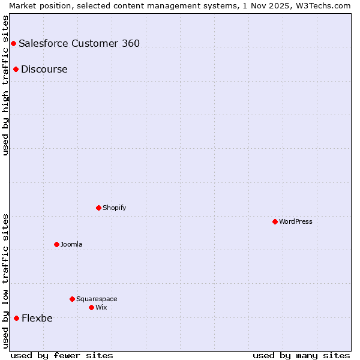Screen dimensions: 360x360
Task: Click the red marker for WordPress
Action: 275,221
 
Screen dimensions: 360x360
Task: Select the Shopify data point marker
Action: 98,208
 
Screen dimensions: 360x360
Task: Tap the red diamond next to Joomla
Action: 56,244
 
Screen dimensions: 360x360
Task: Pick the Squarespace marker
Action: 72,299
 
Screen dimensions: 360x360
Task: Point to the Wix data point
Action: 91,307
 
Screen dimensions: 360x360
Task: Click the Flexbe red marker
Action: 16,318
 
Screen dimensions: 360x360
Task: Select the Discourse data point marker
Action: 16,69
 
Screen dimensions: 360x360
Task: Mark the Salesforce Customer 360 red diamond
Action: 13,43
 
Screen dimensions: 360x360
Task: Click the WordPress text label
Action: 296,221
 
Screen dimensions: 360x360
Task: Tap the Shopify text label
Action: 115,208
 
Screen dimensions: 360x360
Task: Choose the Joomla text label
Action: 71,244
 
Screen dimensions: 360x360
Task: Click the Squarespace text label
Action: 97,299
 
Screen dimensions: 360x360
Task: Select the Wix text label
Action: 101,307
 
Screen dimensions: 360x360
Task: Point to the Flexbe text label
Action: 37,318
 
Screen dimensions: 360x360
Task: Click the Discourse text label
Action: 44,69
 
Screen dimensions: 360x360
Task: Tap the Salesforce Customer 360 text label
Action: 79,43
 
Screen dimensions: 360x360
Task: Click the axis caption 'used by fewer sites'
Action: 62,355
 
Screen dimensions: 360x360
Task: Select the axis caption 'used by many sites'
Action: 301,355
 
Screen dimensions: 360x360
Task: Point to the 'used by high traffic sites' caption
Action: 6,85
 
